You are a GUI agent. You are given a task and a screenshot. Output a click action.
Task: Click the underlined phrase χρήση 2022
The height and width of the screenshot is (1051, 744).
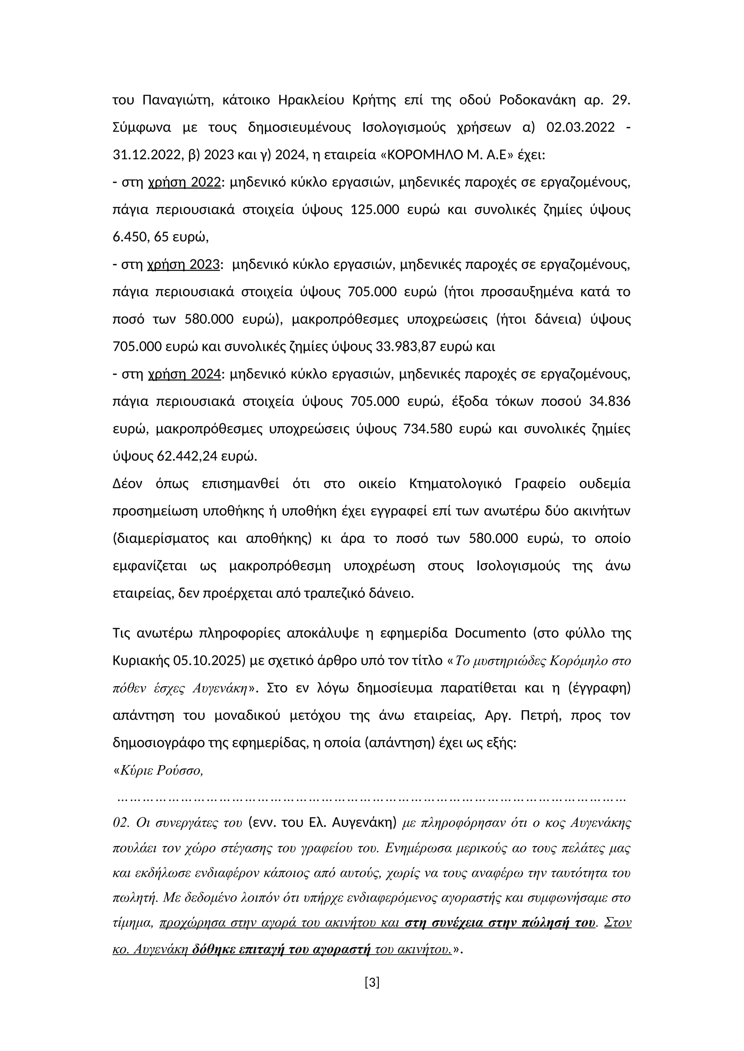click(x=185, y=183)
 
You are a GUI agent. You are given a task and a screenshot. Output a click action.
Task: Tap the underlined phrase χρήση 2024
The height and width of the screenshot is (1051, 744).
click(x=185, y=375)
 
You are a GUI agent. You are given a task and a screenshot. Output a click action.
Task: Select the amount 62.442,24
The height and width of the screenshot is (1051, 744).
click(x=187, y=457)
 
